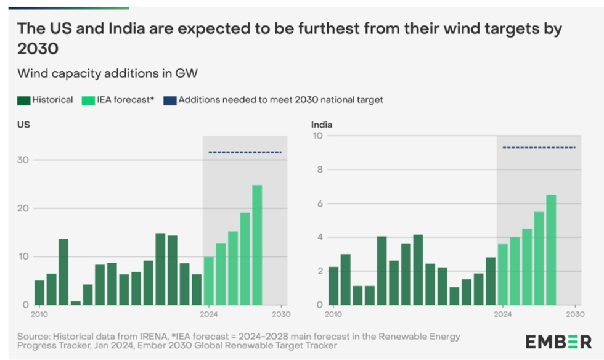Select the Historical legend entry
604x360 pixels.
[x=46, y=100]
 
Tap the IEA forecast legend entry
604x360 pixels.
[x=116, y=100]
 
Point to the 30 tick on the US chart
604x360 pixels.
[x=23, y=160]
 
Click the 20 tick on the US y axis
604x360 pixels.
[x=23, y=208]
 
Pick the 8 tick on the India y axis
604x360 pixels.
[x=318, y=170]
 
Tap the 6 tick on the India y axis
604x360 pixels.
[x=318, y=203]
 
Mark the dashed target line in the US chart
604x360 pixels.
[x=245, y=152]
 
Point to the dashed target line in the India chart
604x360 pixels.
[x=539, y=147]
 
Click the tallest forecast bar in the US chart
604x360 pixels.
[x=257, y=245]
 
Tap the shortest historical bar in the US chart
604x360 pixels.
[x=75, y=303]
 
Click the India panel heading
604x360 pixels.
[x=321, y=125]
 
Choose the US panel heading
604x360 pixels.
[x=23, y=125]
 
